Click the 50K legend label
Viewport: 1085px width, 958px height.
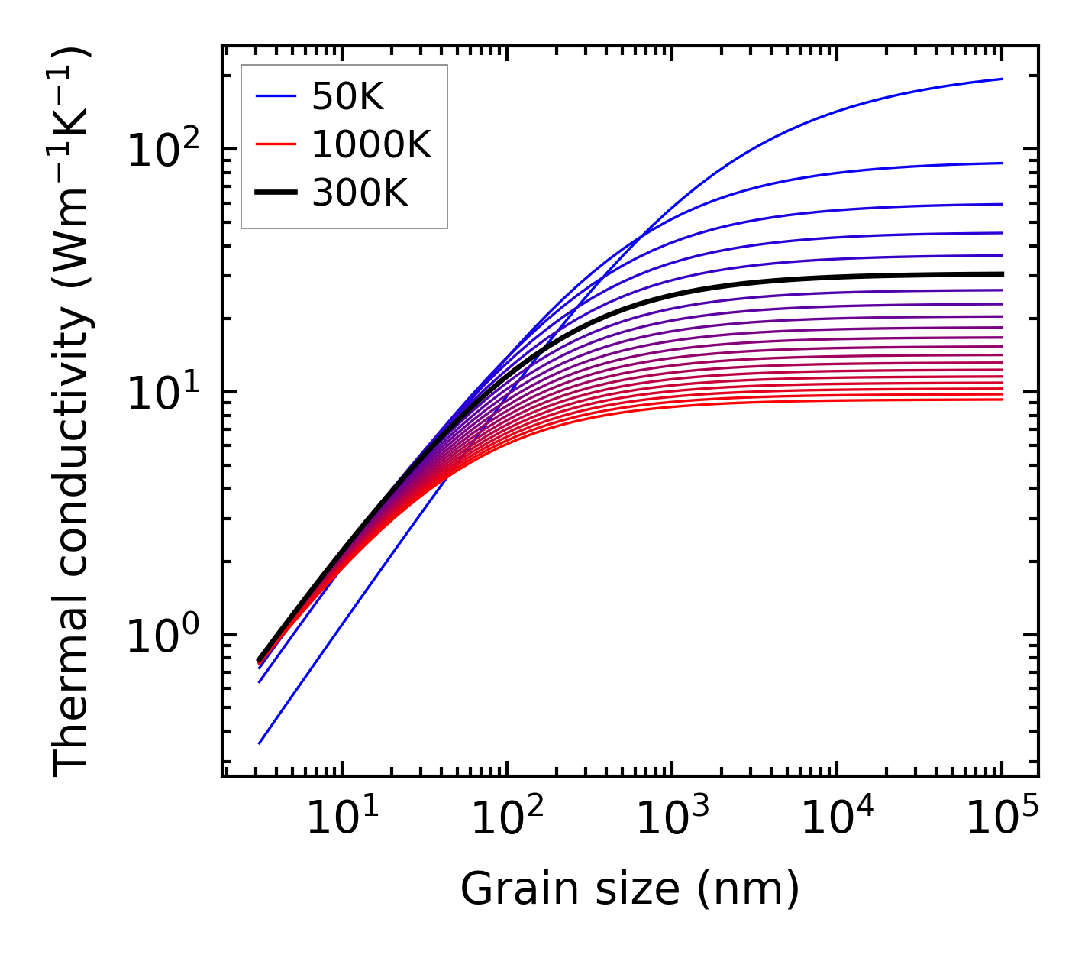click(x=347, y=96)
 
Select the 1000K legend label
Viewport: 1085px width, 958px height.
click(x=371, y=144)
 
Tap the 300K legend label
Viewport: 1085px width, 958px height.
click(x=360, y=193)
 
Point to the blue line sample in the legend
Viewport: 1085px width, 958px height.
click(x=276, y=96)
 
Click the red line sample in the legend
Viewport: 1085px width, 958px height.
click(x=276, y=144)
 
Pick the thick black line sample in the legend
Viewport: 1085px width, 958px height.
click(x=276, y=193)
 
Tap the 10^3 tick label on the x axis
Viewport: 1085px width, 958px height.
click(x=671, y=819)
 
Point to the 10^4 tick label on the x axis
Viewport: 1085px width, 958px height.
click(x=836, y=819)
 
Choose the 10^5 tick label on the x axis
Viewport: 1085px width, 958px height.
click(x=1001, y=819)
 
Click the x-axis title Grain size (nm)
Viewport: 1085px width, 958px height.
click(x=630, y=889)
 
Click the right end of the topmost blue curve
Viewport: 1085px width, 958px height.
click(x=1001, y=79)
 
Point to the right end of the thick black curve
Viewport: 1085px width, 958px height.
click(x=1001, y=273)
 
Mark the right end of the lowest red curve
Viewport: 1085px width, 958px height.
click(x=1001, y=400)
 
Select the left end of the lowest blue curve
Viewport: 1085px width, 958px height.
click(x=260, y=743)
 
